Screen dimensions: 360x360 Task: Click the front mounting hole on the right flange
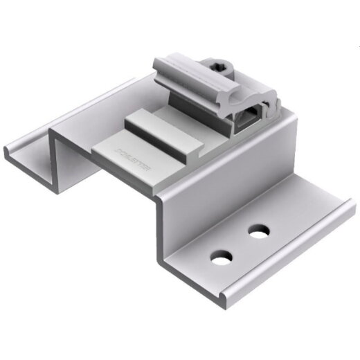221,258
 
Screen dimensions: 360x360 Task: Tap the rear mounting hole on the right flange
260,231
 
